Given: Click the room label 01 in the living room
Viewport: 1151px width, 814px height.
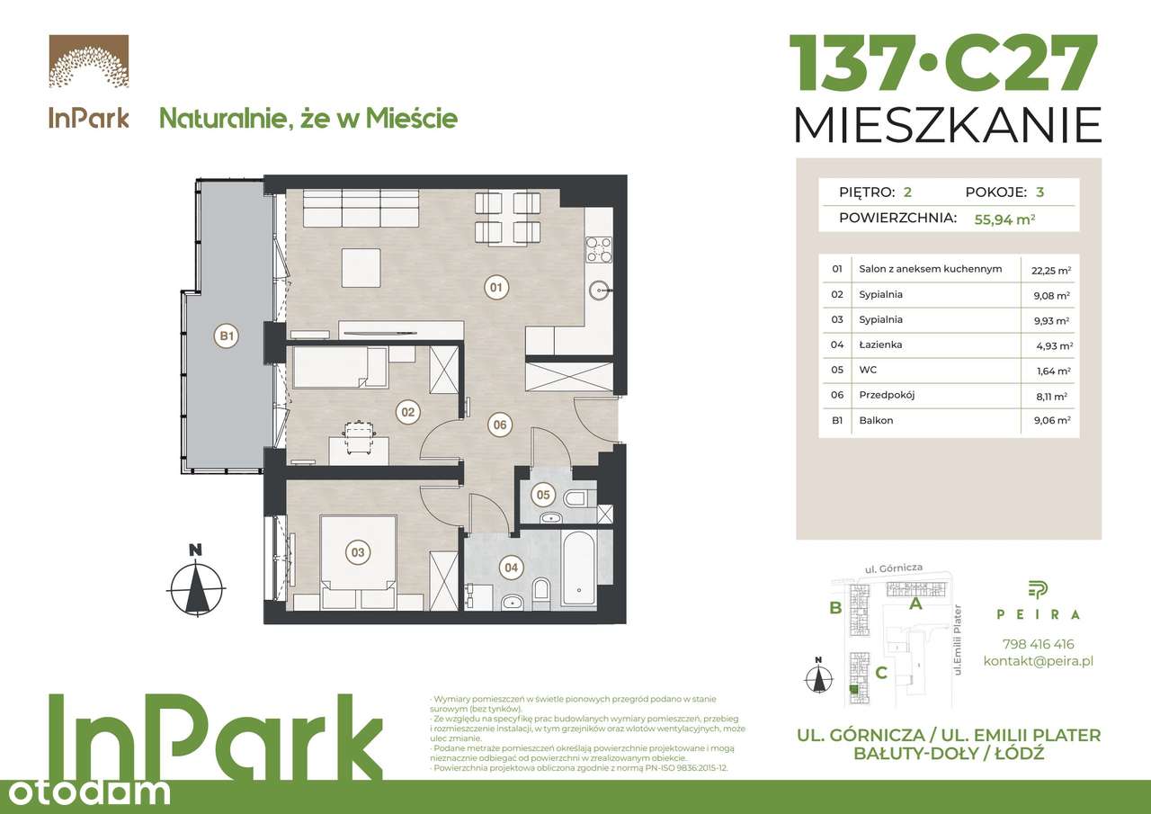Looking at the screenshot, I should pos(495,288).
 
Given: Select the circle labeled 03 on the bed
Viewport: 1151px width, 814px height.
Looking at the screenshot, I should pos(358,552).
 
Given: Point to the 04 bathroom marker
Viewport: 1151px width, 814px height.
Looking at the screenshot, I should pos(511,568).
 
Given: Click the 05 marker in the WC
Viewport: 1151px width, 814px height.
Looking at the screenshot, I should pos(542,494).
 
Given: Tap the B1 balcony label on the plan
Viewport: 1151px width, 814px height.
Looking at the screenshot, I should pos(227,337).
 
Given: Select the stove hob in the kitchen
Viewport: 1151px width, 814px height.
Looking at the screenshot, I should pos(599,248).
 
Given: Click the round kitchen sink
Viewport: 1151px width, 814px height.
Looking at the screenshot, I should pos(600,290).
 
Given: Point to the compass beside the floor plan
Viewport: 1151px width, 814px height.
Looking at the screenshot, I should pos(196,587).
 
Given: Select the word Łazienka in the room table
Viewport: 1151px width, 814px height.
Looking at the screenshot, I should pos(880,344).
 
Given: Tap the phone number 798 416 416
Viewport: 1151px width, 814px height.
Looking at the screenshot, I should pos(1038,644).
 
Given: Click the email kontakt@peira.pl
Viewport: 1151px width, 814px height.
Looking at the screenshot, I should pos(1038,662).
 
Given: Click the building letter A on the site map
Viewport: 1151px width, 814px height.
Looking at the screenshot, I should pos(915,604).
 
